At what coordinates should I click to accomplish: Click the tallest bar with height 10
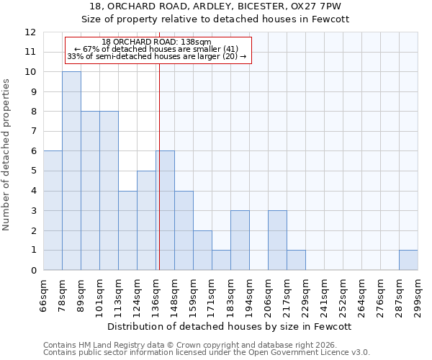[71, 171]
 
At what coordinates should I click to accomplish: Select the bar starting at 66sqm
[53, 210]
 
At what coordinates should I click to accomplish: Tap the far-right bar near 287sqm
[408, 260]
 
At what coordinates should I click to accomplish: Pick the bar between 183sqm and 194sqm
[240, 240]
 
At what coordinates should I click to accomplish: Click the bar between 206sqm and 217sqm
[277, 240]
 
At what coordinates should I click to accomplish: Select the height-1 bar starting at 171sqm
[221, 260]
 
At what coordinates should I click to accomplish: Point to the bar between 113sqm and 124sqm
[127, 230]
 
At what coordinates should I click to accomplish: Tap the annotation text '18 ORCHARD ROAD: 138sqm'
[156, 42]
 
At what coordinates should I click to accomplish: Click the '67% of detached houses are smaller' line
[156, 49]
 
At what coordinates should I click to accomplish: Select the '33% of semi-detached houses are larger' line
[156, 56]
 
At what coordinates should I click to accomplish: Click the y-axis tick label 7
[33, 132]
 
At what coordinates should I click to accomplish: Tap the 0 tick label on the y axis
[33, 271]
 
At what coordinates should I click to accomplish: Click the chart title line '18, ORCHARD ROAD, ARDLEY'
[215, 6]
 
